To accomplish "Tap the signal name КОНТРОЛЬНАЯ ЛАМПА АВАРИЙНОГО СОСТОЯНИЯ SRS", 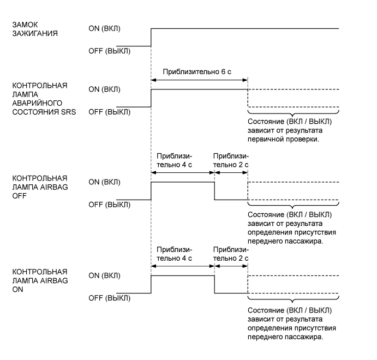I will click(x=44, y=99).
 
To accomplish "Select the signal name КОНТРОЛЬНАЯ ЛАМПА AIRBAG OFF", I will click(x=40, y=185).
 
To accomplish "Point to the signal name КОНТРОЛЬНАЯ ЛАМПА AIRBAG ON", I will click(x=40, y=278).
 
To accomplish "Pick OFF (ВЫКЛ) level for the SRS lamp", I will click(x=109, y=112).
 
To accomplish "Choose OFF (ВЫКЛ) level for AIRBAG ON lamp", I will click(x=109, y=298).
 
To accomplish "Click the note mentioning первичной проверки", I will click(x=289, y=130).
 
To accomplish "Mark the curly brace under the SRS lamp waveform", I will click(x=293, y=113).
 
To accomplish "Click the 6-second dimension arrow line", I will click(x=199, y=80).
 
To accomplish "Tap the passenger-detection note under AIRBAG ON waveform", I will click(x=291, y=323).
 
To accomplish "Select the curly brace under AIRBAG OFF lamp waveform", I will click(x=293, y=206).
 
